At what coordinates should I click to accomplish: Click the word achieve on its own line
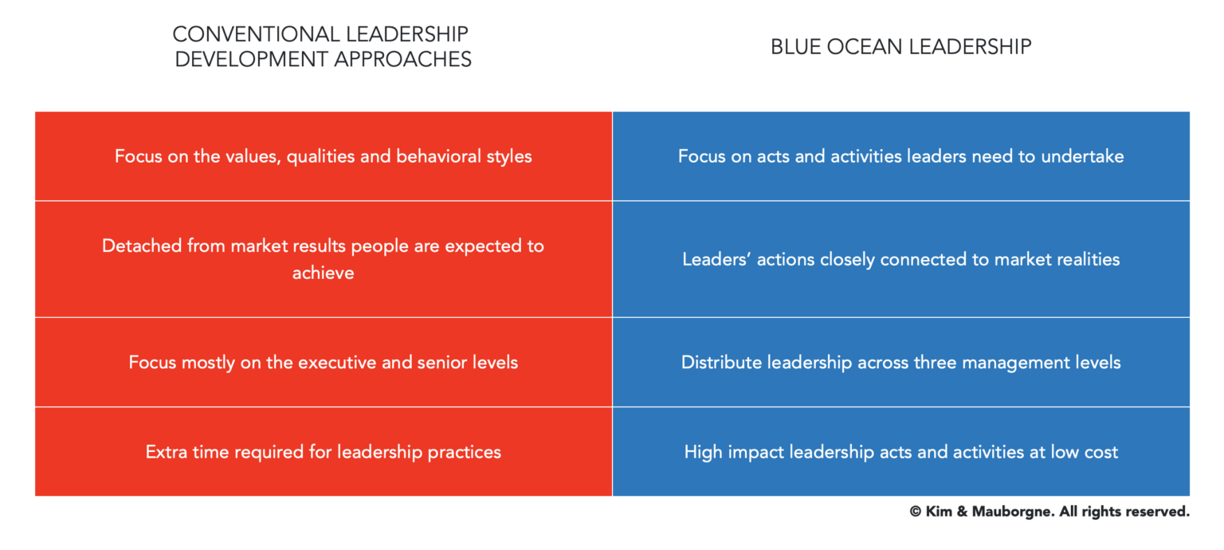click(x=323, y=273)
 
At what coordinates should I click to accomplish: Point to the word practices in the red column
click(x=465, y=452)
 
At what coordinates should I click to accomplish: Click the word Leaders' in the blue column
click(x=712, y=260)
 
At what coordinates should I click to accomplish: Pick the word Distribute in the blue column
click(x=721, y=363)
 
